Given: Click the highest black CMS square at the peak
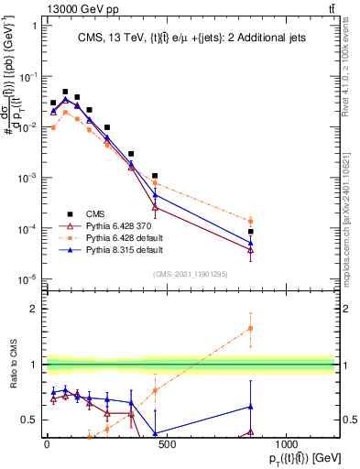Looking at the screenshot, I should tap(65, 92).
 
